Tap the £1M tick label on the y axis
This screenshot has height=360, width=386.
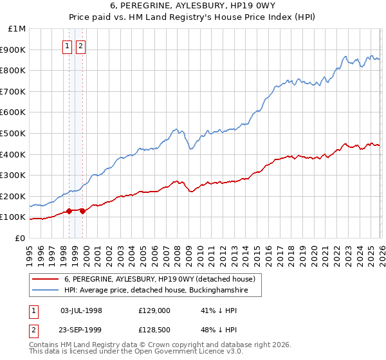click(17, 29)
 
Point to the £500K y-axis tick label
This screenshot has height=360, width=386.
click(14, 134)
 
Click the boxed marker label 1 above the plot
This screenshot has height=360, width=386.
click(68, 46)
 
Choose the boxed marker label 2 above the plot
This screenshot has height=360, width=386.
click(81, 46)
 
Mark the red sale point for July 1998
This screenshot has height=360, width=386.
click(69, 211)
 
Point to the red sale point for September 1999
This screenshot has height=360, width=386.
click(83, 211)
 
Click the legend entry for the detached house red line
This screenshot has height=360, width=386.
click(160, 279)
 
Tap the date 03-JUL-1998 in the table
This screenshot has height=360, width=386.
click(81, 310)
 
